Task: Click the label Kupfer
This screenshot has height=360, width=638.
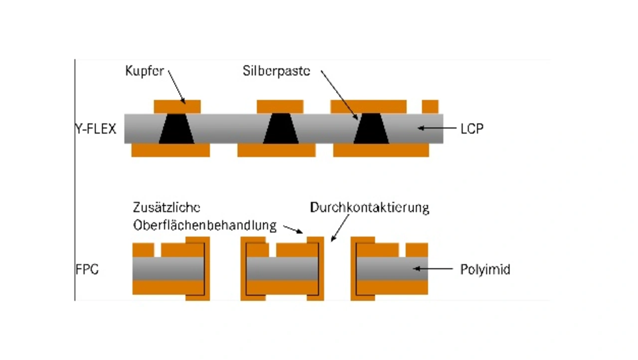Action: (145, 71)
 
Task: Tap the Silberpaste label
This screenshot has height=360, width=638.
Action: (276, 71)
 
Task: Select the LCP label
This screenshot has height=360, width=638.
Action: (472, 129)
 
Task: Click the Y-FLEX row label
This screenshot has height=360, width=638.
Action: (96, 129)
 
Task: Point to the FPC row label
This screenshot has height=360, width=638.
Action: (87, 269)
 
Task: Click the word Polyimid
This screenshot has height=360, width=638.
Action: (485, 269)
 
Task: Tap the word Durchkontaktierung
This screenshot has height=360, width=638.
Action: (369, 207)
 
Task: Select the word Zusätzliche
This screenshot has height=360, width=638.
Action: (166, 207)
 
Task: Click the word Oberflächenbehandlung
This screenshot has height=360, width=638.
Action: (205, 225)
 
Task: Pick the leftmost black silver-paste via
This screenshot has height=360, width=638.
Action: (176, 129)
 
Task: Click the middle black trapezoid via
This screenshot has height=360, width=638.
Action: (281, 129)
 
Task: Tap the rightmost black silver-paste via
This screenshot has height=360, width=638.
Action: (371, 129)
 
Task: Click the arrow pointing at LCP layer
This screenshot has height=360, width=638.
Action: (437, 128)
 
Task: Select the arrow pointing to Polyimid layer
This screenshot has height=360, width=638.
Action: (433, 269)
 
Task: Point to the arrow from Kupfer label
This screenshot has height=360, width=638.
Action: (176, 87)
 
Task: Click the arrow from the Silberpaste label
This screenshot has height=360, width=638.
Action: (339, 95)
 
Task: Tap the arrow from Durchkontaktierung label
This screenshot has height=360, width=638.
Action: (340, 228)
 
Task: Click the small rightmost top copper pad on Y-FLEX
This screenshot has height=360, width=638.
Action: (430, 107)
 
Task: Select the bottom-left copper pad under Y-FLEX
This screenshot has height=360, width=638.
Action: (170, 150)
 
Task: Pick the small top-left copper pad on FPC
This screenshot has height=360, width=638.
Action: (143, 250)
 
